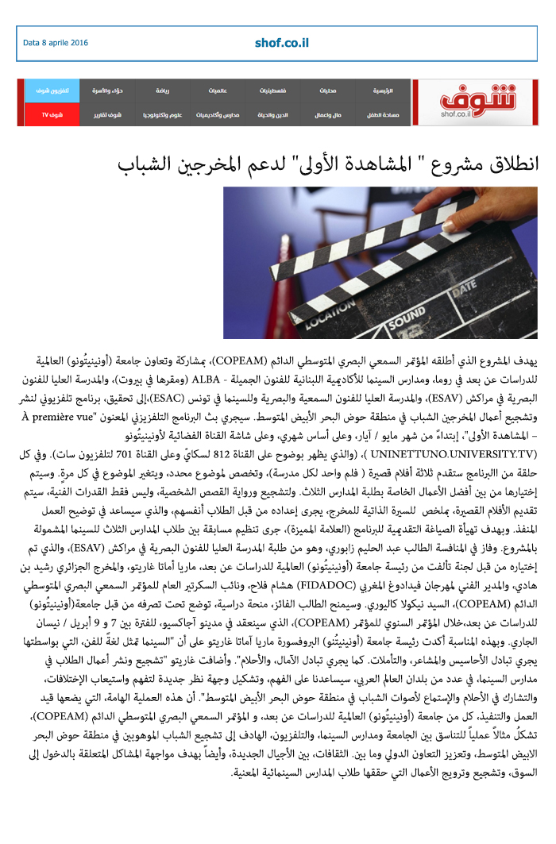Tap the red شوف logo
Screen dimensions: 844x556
click(x=475, y=101)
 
